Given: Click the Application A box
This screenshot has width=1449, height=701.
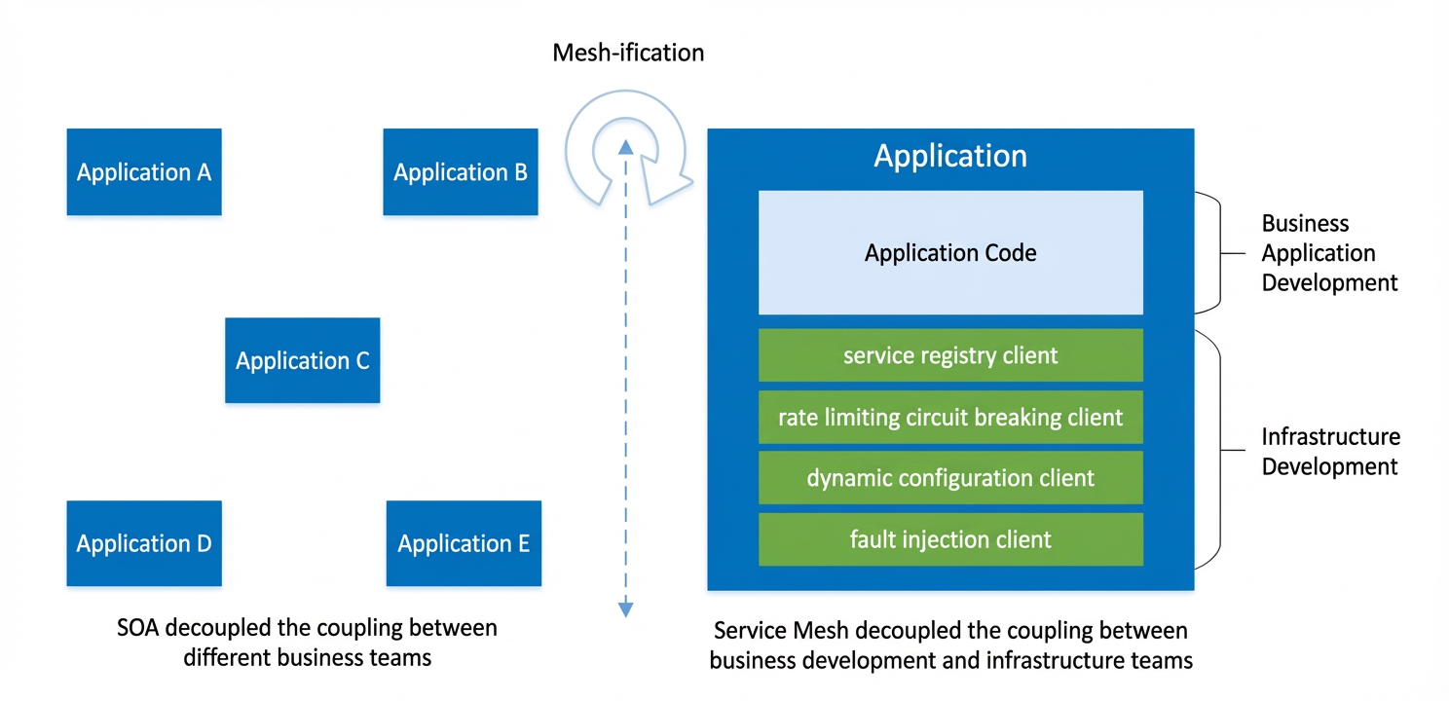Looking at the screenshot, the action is [144, 172].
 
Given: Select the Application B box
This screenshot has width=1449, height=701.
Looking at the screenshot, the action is [461, 172].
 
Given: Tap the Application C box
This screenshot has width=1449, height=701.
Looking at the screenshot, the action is [303, 360].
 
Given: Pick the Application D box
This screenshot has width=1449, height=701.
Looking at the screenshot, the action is [144, 543].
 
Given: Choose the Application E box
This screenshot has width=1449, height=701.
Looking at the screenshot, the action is [464, 543].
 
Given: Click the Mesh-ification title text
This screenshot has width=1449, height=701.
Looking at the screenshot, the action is [628, 53].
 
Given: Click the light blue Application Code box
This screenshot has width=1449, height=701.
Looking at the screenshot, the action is [950, 252].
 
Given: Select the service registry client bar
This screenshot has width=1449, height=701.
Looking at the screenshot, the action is [950, 355].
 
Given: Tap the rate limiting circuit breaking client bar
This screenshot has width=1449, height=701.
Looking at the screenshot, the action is [950, 417].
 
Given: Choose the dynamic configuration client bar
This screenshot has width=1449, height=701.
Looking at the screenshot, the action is [950, 478].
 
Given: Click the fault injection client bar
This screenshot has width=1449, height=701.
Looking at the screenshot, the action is [950, 539].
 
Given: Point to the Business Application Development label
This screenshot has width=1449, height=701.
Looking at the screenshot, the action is [1329, 253].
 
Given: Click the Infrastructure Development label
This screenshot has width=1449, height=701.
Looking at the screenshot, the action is [1330, 452].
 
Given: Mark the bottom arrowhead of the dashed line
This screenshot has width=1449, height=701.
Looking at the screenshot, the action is [625, 609].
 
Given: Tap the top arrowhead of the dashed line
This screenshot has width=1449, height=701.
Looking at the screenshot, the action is [625, 147].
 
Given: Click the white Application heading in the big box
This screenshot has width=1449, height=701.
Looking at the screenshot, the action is [950, 156].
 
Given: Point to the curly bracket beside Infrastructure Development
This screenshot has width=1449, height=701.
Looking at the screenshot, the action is [1220, 450].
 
